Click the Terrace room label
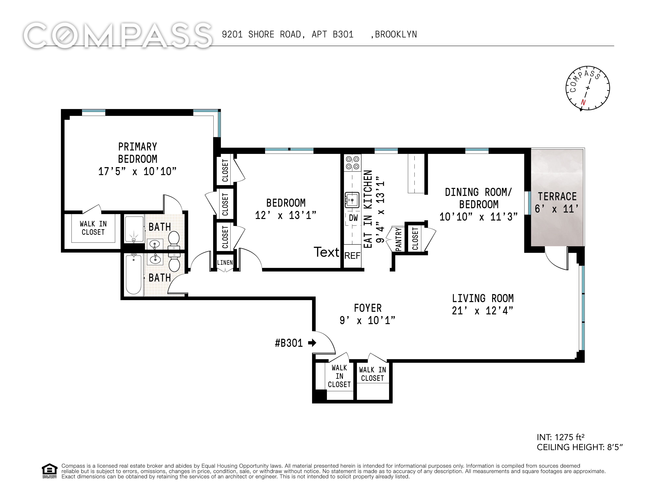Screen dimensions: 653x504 coord(557,196)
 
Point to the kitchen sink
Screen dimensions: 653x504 coord(352,200)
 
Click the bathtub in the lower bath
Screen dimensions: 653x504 coord(133,274)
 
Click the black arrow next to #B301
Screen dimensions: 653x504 coord(312,343)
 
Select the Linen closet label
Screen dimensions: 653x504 coord(225,262)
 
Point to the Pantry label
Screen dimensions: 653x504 coord(398,239)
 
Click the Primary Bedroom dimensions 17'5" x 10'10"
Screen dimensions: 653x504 coord(138,171)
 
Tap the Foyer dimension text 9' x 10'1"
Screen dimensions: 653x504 coord(368,321)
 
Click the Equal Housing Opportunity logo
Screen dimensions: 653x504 coord(49,471)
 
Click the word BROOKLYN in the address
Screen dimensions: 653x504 coord(396,35)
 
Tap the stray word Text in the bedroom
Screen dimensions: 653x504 coord(327,252)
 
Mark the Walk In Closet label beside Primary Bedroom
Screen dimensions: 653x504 coord(93,228)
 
